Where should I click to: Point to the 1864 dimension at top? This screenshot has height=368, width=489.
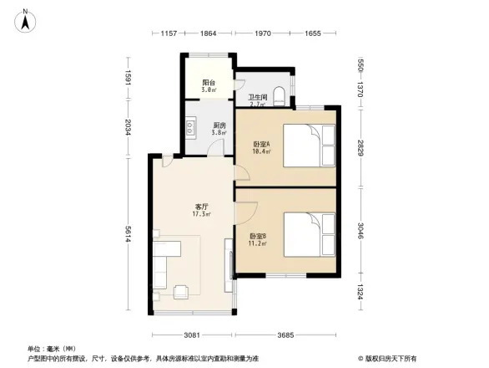209,33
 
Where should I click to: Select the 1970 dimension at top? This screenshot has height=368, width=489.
263,33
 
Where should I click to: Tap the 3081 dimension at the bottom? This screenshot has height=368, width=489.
193,336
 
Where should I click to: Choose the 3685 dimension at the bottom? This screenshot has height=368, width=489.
288,336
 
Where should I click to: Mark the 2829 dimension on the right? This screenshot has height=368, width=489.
361,148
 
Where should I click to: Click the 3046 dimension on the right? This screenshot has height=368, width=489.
361,230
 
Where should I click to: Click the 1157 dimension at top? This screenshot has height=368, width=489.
169,33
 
